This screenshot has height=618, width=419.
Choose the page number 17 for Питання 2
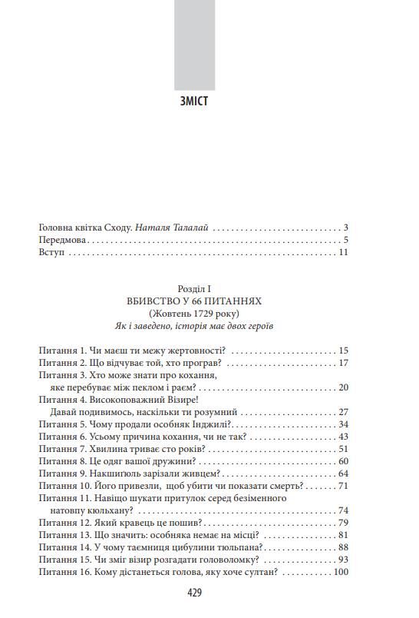pyautogui.click(x=343, y=363)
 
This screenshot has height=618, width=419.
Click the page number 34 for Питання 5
pyautogui.click(x=343, y=424)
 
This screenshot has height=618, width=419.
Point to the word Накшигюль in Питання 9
pyautogui.click(x=118, y=473)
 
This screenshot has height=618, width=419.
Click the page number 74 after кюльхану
pyautogui.click(x=343, y=510)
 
